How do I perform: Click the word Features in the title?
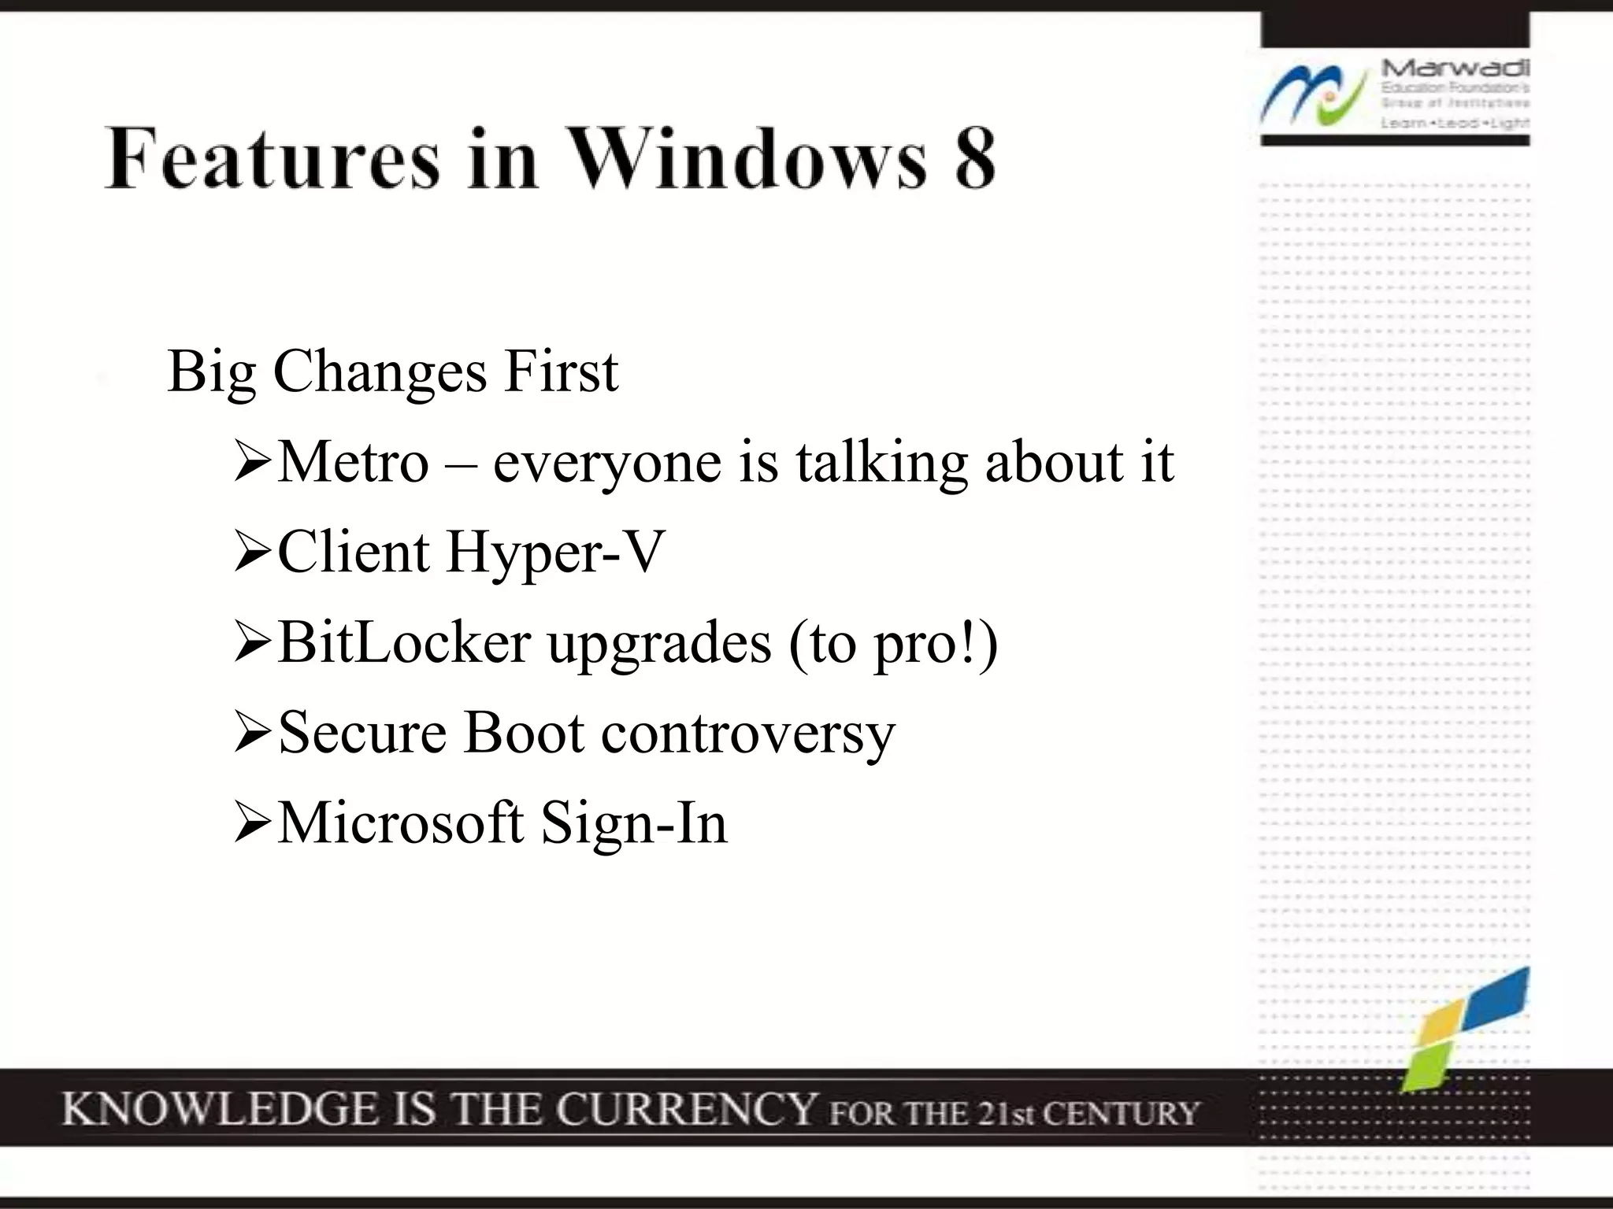pos(272,159)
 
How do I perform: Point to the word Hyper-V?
pos(555,553)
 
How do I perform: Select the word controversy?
pos(747,734)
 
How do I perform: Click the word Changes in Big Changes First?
pos(380,372)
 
